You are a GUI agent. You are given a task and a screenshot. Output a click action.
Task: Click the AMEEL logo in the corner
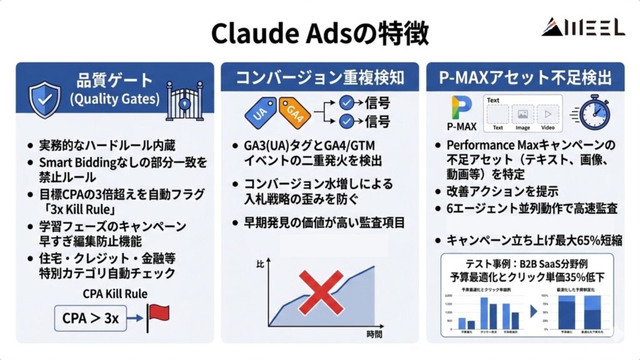coord(582,27)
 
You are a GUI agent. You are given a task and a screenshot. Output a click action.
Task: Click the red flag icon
coord(159,316)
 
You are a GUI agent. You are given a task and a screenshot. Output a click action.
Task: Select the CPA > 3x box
coord(90,318)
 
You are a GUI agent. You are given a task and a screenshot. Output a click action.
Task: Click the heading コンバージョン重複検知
coord(319,78)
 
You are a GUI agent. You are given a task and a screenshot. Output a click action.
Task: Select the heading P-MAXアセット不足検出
coord(524,78)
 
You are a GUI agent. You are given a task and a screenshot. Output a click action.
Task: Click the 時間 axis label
coord(375,334)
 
